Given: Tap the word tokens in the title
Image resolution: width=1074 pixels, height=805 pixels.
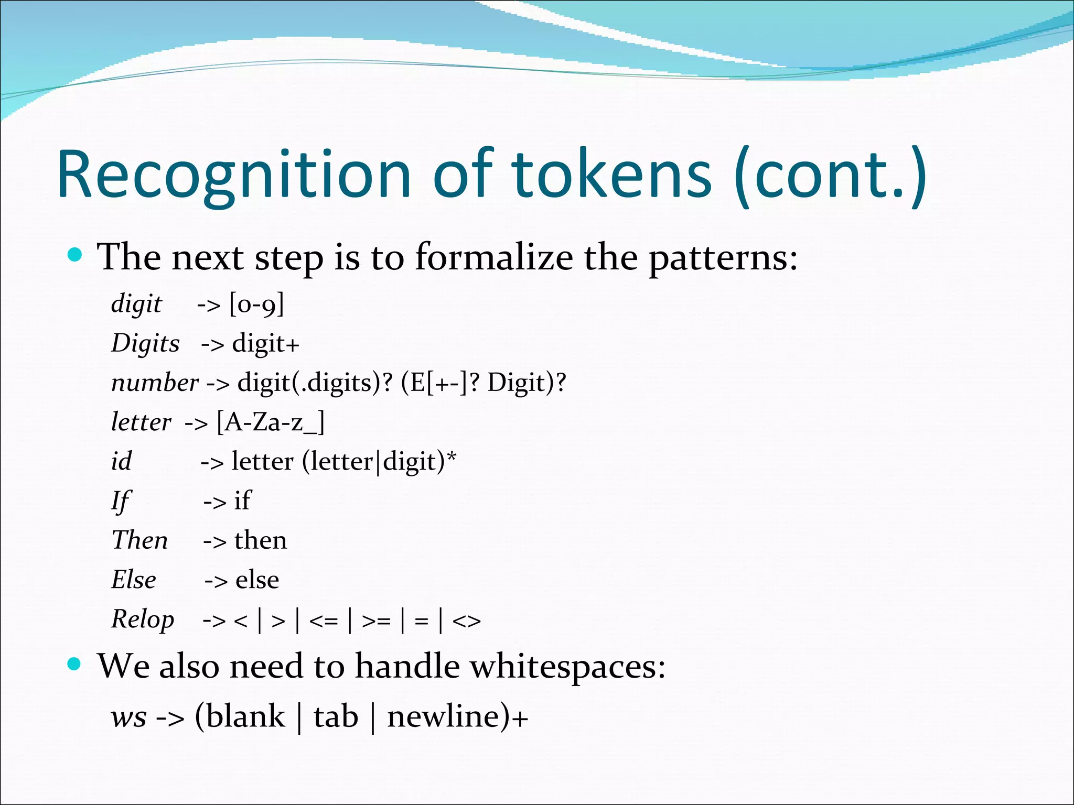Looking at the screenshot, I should (x=611, y=176).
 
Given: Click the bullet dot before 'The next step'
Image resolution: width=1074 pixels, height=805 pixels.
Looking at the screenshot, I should (x=76, y=255).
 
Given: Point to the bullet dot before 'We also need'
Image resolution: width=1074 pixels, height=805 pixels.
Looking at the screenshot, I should (x=75, y=665).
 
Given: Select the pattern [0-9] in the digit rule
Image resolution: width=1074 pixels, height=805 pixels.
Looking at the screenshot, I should (x=256, y=304).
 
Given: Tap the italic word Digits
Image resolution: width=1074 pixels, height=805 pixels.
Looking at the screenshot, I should (x=145, y=344).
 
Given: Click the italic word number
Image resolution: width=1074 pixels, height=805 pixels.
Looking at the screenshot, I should (x=155, y=383).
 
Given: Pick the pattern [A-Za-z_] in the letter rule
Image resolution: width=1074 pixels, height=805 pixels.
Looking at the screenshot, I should (x=271, y=422).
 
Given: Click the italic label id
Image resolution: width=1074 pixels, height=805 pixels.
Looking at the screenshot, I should (x=121, y=462).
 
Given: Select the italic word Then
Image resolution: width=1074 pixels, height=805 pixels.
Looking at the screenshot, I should (x=139, y=540).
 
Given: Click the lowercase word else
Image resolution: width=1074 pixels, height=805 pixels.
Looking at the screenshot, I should (x=257, y=580).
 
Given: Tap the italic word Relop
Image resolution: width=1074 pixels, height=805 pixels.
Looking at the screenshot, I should (x=143, y=619).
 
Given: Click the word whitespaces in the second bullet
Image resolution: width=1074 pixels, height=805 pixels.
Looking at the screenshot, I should (x=567, y=667).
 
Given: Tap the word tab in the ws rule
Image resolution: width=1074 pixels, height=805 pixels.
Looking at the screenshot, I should (x=336, y=717).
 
